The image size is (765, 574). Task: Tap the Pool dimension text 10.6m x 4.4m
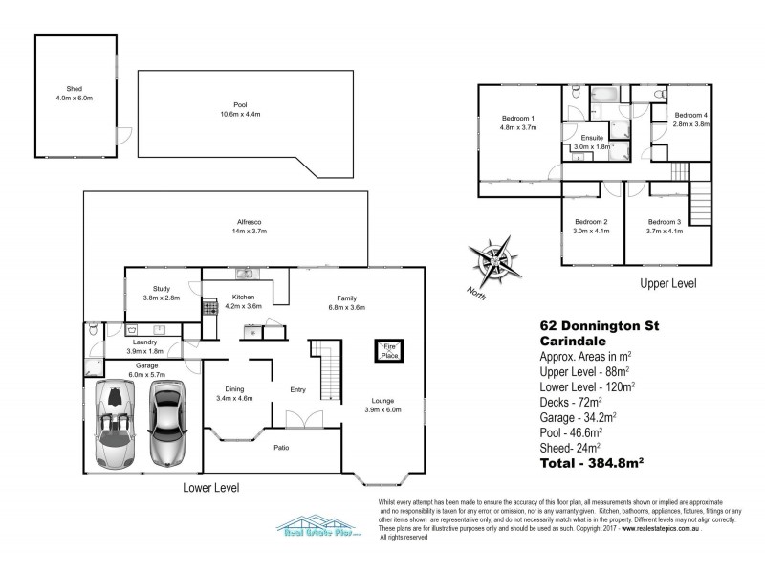pos(227,116)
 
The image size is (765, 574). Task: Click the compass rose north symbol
pos(496,259)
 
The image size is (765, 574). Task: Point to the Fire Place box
pos(388,350)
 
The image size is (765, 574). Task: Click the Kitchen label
pos(244,298)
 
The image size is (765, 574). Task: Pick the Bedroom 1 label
pos(518,119)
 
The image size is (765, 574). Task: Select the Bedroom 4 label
pos(690,115)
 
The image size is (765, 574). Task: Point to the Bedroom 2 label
pos(586,221)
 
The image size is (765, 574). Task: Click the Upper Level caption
pos(668,284)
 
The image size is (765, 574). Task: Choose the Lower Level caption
pos(211,488)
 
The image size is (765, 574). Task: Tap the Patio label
pos(280,447)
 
